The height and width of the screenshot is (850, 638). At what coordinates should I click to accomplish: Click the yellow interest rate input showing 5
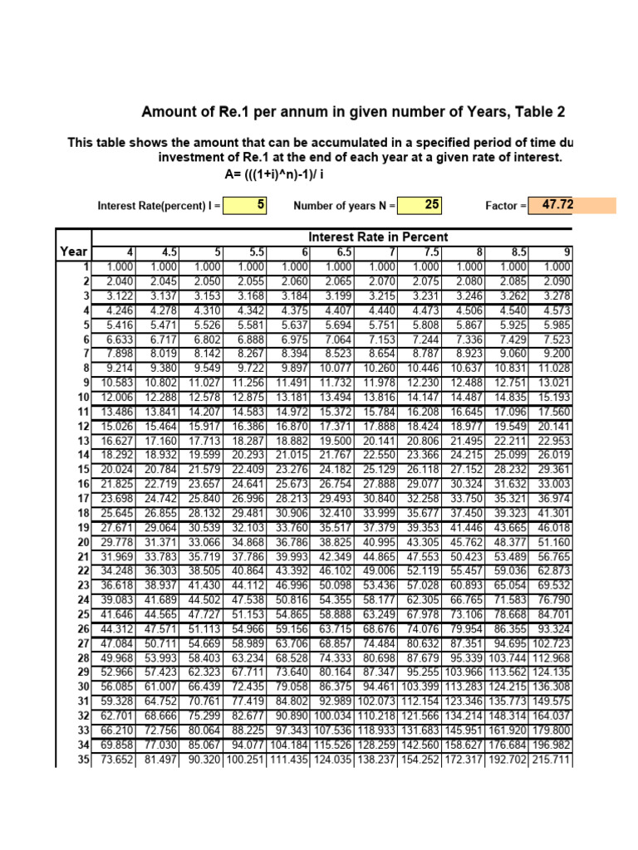(245, 205)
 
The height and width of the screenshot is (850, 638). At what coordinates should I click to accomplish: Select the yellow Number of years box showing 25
(421, 205)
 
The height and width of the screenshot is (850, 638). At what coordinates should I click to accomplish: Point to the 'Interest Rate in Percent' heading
(378, 237)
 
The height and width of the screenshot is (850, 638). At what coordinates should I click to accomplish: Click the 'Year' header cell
(74, 252)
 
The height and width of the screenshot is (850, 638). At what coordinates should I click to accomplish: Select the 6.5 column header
(339, 252)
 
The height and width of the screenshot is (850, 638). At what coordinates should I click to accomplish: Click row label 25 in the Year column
(83, 615)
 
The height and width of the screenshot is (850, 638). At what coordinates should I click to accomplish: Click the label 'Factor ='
(506, 206)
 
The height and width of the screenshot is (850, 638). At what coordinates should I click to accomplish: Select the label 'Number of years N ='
(345, 206)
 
